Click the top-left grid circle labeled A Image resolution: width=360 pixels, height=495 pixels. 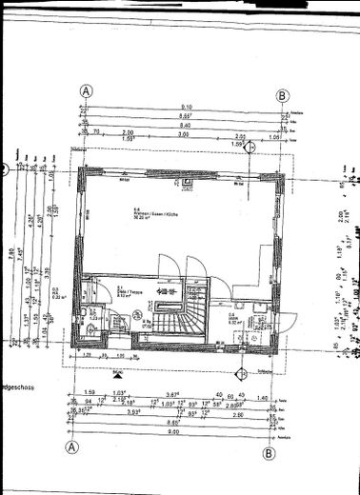[87, 92]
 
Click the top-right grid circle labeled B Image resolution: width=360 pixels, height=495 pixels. [282, 95]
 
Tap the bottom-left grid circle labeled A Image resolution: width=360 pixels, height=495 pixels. [70, 473]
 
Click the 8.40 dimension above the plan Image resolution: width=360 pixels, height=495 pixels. [187, 125]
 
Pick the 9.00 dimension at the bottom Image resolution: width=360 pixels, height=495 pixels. [171, 460]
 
